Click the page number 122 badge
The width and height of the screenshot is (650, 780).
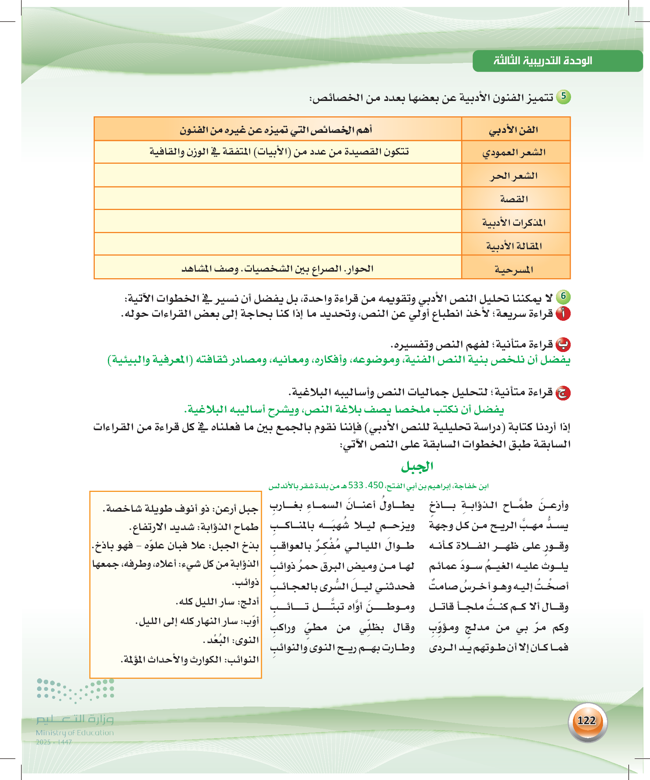pos(587,721)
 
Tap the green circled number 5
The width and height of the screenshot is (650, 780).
pos(563,97)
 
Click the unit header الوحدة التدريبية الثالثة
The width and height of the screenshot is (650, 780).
pos(543,61)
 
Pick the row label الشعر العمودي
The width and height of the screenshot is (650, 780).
pos(514,152)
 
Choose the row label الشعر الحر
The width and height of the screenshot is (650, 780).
pos(514,176)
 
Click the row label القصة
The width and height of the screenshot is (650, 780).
pos(514,199)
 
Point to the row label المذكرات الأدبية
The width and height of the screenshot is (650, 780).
pos(514,222)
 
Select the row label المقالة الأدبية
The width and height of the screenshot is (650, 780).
pos(514,246)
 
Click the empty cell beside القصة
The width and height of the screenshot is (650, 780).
pos(278,198)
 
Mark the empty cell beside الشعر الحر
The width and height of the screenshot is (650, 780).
pos(278,175)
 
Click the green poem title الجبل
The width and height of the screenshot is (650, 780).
pos(417,467)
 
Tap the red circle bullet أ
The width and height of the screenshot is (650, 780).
pos(563,314)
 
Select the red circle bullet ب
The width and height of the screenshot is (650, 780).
pos(563,345)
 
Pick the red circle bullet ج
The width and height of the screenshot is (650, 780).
pos(563,393)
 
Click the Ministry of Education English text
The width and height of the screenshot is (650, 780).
pos(75,733)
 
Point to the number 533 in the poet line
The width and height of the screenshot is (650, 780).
pos(355,486)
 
